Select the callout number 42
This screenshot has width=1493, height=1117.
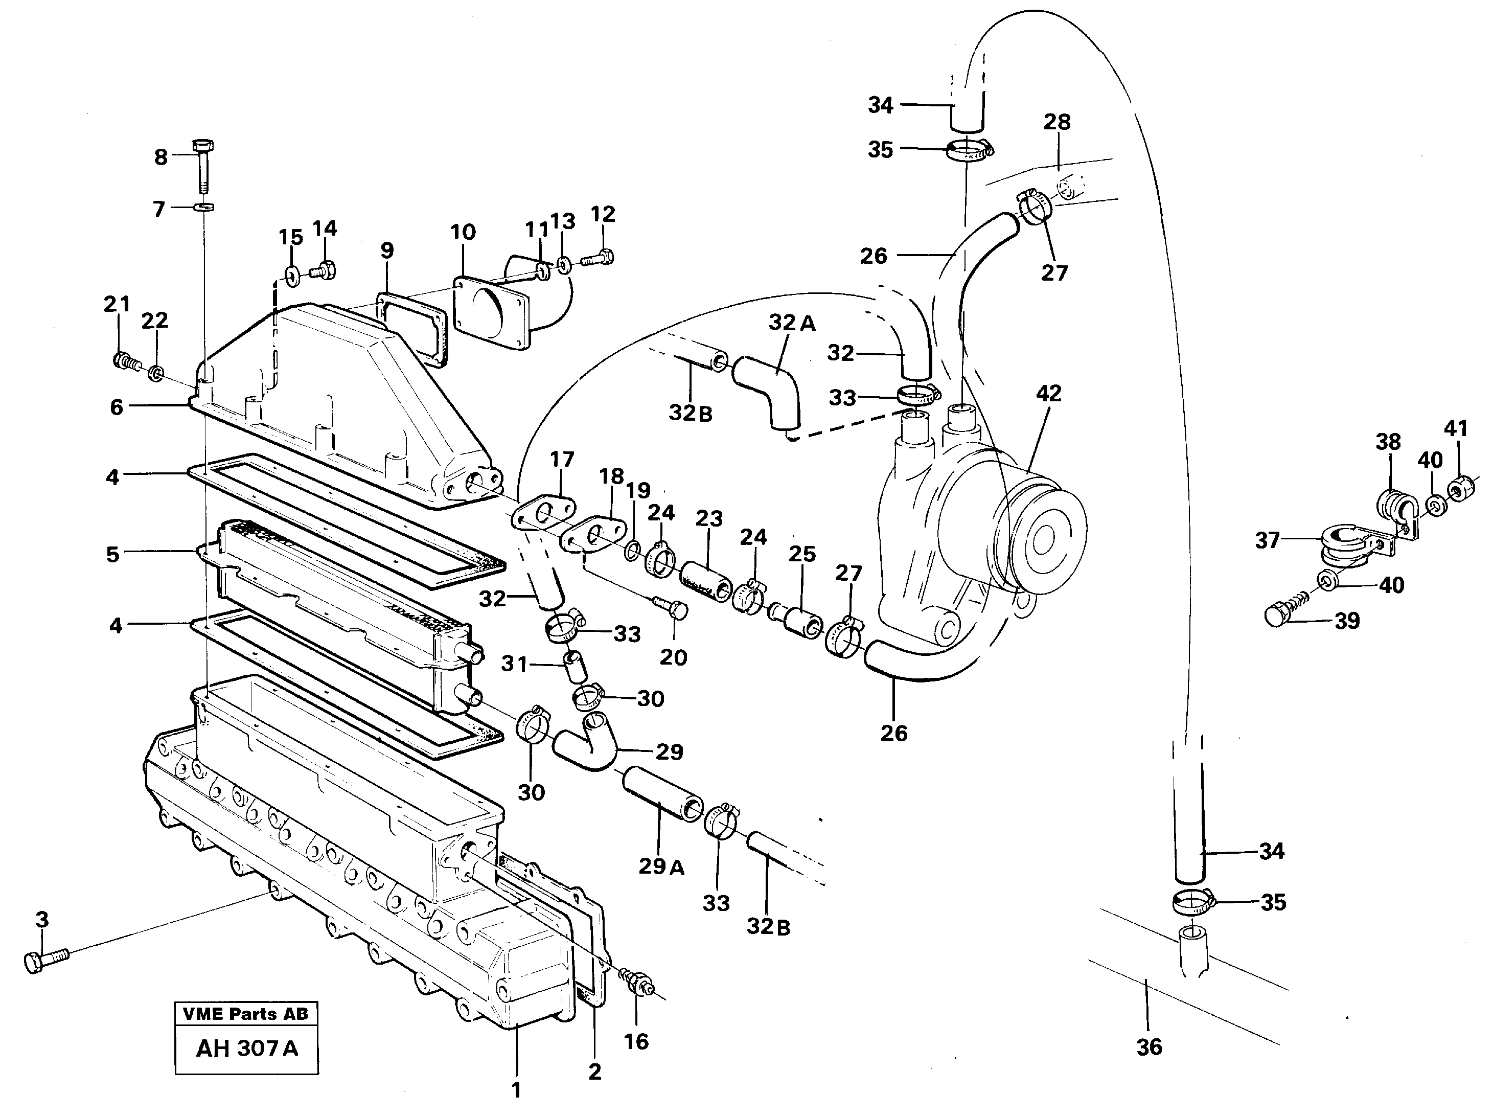[x=1048, y=394]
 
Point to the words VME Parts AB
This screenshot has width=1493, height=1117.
[x=246, y=1014]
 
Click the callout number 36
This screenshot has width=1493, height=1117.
[x=1149, y=1047]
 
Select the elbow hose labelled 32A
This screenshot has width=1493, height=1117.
[x=769, y=387]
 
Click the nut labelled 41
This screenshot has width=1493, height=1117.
[x=1461, y=489]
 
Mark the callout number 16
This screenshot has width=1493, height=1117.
[x=636, y=1041]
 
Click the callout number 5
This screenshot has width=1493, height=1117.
[x=113, y=554]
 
